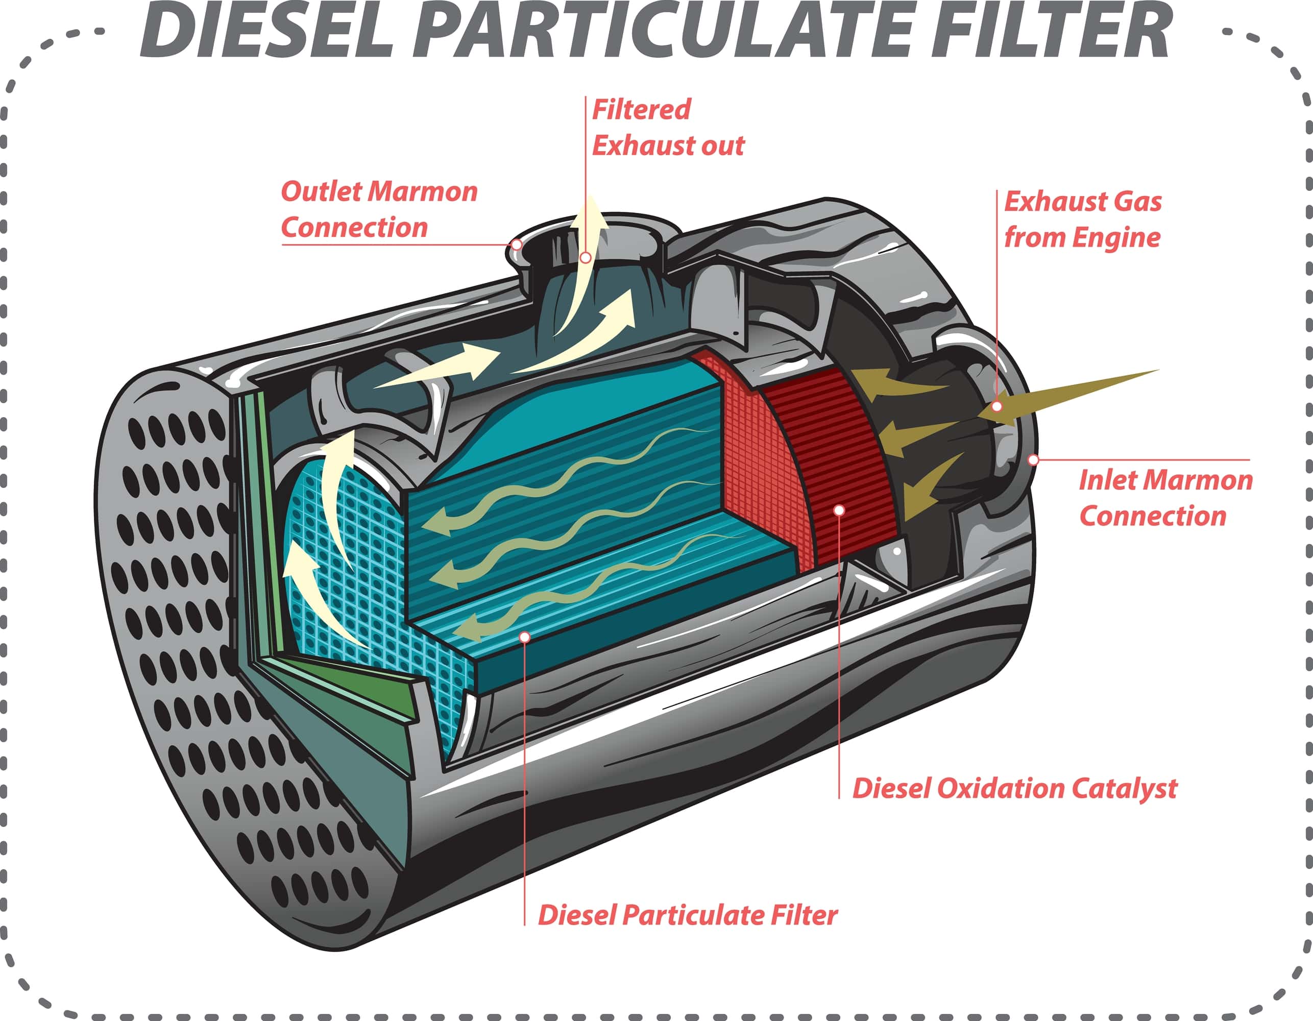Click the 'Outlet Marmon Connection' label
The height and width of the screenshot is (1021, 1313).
click(x=379, y=209)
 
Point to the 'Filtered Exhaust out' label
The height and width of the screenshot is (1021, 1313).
click(x=667, y=128)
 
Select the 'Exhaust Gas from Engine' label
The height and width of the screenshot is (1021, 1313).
click(x=1082, y=220)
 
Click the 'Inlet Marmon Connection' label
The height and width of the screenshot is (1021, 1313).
click(x=1165, y=498)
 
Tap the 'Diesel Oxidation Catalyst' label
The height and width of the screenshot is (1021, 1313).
click(x=1015, y=788)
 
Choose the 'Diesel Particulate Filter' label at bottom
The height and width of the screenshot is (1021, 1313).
click(x=687, y=915)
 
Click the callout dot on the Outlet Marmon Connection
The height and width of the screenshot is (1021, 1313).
click(x=516, y=245)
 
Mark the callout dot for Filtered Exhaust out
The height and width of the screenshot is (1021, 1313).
click(x=586, y=258)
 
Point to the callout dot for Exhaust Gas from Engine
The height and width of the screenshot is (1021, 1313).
click(x=997, y=406)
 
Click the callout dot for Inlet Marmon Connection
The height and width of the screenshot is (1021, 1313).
click(x=1033, y=460)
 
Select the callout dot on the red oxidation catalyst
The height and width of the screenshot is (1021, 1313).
click(x=839, y=510)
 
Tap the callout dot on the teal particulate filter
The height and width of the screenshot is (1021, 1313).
click(x=525, y=637)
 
